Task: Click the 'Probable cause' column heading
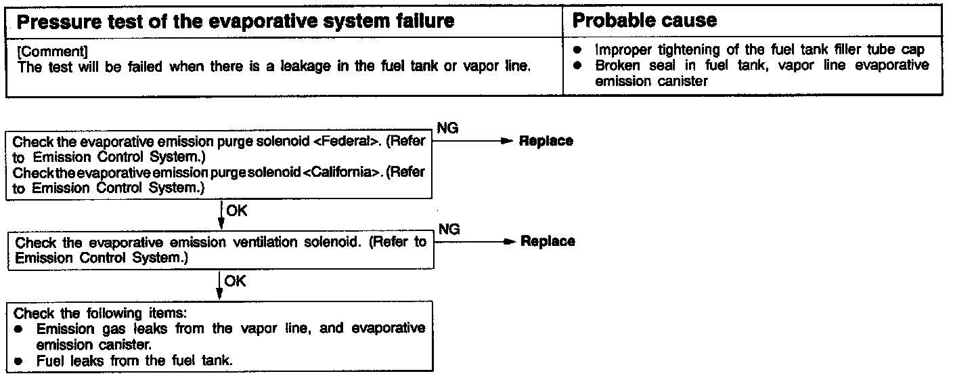click(644, 20)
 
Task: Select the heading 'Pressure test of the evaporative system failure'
click(235, 22)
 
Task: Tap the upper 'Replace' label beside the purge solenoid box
click(546, 141)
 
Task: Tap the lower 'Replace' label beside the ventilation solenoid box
click(548, 241)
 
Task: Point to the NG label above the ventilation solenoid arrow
click(449, 230)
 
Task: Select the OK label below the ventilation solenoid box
click(235, 280)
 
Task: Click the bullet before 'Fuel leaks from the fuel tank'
click(21, 360)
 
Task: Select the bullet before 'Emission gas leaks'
click(21, 329)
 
